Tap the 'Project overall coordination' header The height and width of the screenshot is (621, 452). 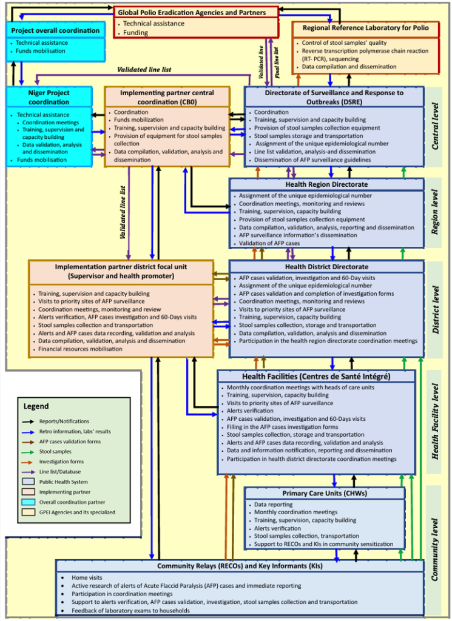tap(55, 30)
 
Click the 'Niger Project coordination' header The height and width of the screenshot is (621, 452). tap(49, 97)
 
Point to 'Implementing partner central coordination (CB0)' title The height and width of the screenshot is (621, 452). tap(167, 97)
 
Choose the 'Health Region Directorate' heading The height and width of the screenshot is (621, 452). tap(326, 184)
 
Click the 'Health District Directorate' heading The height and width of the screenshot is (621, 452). tap(326, 267)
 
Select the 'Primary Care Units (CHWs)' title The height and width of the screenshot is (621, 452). tap(325, 493)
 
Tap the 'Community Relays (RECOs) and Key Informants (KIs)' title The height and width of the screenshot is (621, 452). tap(240, 566)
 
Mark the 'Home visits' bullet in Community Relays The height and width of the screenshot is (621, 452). tap(87, 578)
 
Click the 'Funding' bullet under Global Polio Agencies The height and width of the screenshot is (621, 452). tap(137, 33)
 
